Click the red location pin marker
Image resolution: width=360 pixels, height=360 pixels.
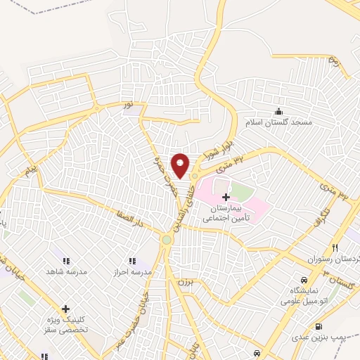[181, 165]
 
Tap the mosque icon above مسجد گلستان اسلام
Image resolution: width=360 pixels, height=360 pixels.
[278, 111]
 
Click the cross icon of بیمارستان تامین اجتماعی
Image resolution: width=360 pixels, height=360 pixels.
[225, 198]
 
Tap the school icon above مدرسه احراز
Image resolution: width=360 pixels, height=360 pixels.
[131, 261]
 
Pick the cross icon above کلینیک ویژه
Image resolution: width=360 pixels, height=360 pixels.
[65, 308]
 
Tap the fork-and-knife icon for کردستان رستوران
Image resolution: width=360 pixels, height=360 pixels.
[335, 248]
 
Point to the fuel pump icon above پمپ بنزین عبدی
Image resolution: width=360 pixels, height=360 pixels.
[319, 326]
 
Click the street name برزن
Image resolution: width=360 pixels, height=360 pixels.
[184, 281]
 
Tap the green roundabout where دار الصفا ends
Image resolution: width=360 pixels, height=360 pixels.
[167, 240]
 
